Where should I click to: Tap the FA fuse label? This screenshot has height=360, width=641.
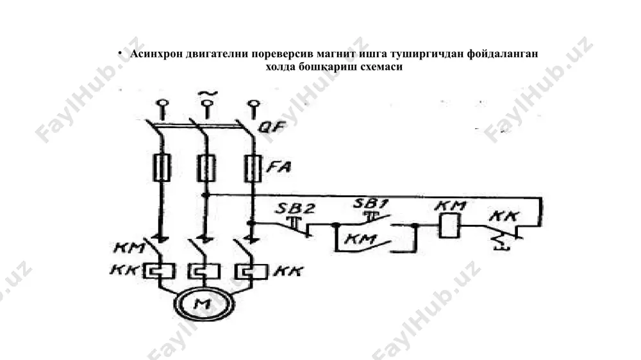(279, 167)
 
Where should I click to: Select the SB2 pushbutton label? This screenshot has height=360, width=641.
(295, 208)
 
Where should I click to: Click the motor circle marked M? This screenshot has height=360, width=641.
(204, 304)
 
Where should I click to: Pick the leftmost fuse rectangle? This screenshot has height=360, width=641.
(162, 168)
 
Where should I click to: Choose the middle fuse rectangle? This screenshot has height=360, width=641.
(206, 168)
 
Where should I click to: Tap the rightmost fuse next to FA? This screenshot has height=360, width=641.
(253, 168)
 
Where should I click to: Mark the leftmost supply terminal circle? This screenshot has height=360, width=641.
(162, 103)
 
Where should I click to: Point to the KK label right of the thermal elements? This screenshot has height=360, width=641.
(289, 271)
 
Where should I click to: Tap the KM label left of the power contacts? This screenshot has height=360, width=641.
(129, 248)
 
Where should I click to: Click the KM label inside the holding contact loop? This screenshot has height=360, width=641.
(360, 238)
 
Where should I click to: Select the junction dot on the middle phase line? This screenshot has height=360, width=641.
(207, 195)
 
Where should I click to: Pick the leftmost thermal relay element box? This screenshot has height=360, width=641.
(159, 272)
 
